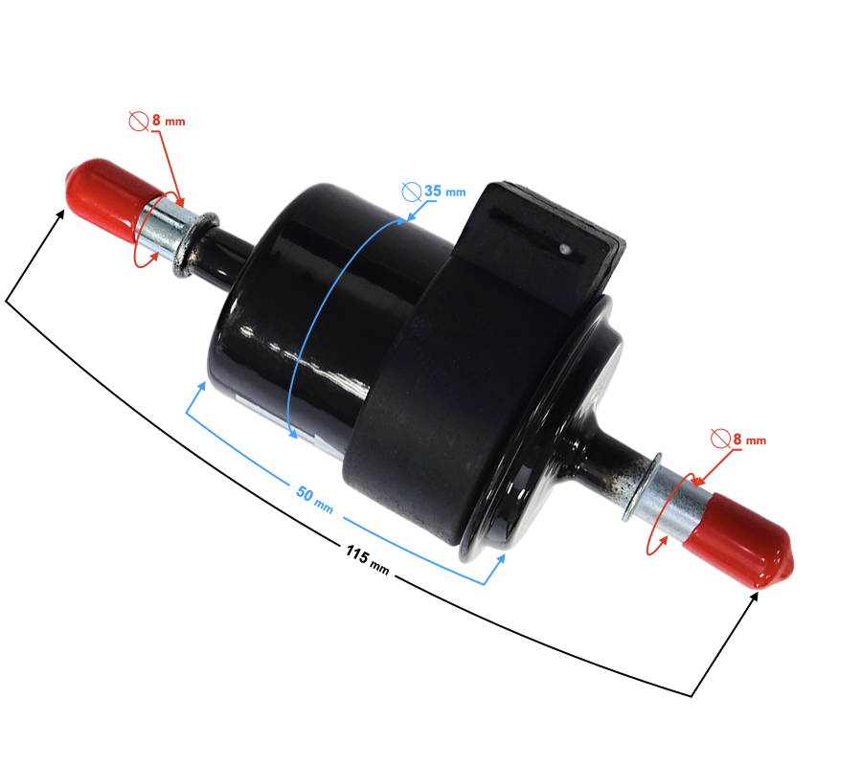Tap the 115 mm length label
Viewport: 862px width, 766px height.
pos(367,559)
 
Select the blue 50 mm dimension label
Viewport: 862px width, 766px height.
pos(314,499)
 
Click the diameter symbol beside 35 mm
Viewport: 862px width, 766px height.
pos(411,191)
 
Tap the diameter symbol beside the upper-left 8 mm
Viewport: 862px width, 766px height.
pos(139,121)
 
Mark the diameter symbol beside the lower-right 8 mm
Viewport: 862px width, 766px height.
pos(720,439)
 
